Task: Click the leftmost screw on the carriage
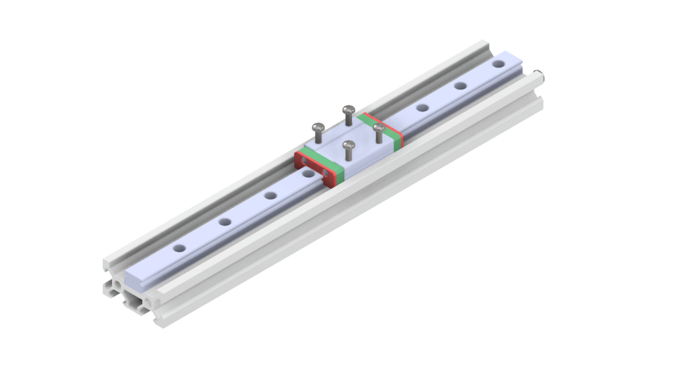click(x=317, y=128)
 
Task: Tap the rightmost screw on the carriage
click(x=379, y=128)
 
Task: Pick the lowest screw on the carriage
click(x=346, y=146)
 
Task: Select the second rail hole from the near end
click(x=225, y=222)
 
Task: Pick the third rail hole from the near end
click(x=270, y=195)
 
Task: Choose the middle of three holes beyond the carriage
click(x=461, y=86)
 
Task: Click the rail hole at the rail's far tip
click(x=499, y=64)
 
